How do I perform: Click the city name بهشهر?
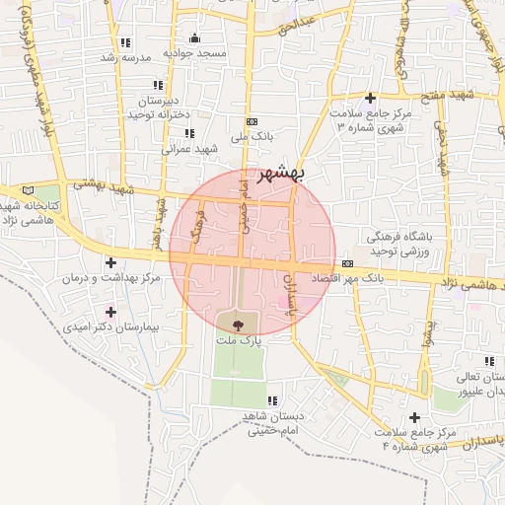[283, 175]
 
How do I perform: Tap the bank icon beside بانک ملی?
[252, 117]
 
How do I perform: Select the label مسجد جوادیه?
[195, 52]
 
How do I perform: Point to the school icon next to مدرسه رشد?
[125, 42]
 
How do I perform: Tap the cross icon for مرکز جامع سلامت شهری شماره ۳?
[370, 98]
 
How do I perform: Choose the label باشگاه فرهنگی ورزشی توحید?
[401, 245]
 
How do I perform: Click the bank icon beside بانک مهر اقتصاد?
[348, 264]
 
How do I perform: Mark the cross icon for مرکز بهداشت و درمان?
[110, 263]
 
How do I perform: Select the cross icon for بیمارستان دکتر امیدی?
[110, 312]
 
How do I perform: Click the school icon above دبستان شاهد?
[272, 400]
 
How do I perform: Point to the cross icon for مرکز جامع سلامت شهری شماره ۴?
[414, 418]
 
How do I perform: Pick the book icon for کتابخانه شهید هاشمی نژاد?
[26, 189]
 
